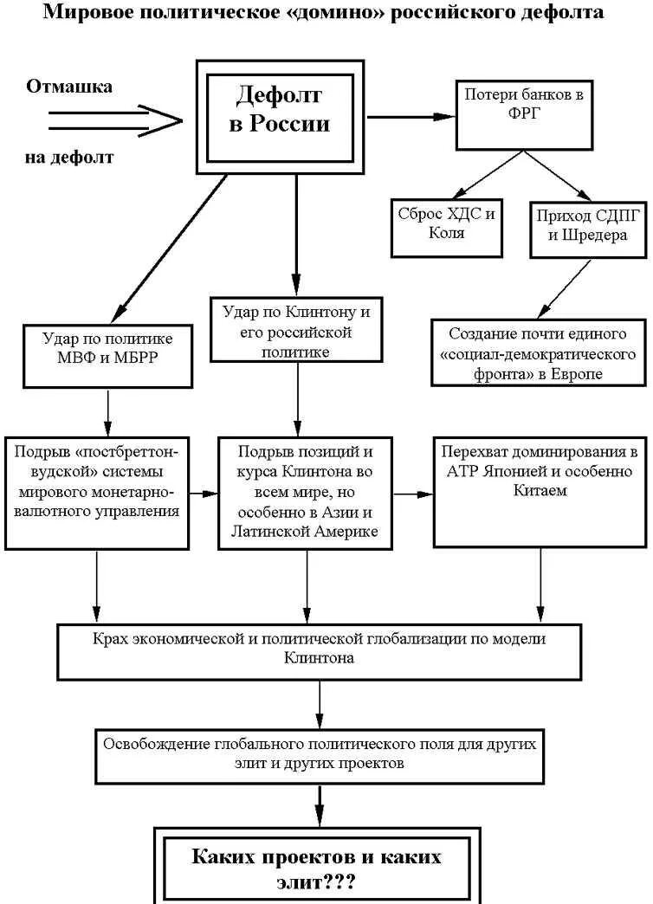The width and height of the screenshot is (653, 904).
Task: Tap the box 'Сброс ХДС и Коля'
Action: [x=446, y=224]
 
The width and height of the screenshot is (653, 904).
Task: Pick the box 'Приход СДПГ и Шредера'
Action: [x=589, y=224]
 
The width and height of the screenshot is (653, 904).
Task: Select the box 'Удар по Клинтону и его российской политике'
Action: [x=295, y=330]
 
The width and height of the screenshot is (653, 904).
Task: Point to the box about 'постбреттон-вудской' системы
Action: [x=97, y=490]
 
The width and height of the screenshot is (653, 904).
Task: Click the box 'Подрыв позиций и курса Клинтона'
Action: [x=305, y=491]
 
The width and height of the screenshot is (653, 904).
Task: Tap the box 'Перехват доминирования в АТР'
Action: [x=540, y=491]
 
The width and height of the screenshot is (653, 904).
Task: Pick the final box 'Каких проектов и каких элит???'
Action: [x=317, y=868]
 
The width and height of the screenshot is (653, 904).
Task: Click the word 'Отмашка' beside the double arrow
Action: [x=69, y=87]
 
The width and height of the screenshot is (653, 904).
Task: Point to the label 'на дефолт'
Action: [x=69, y=158]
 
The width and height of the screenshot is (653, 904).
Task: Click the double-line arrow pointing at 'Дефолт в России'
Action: [x=113, y=120]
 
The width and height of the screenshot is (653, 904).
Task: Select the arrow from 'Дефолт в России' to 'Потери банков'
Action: [x=411, y=115]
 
